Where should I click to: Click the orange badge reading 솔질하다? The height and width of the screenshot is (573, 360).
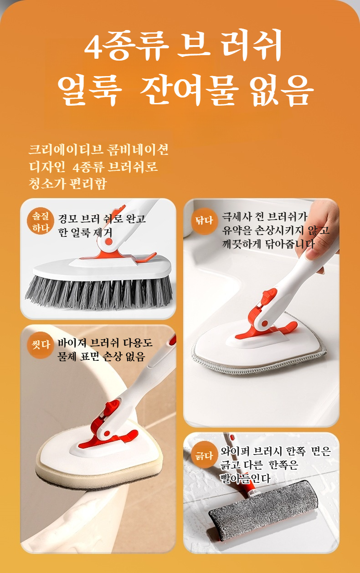coord(41,221)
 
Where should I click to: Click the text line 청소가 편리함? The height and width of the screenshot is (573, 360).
coord(67,183)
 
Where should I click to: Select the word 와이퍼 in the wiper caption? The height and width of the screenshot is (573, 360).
coord(235,451)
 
